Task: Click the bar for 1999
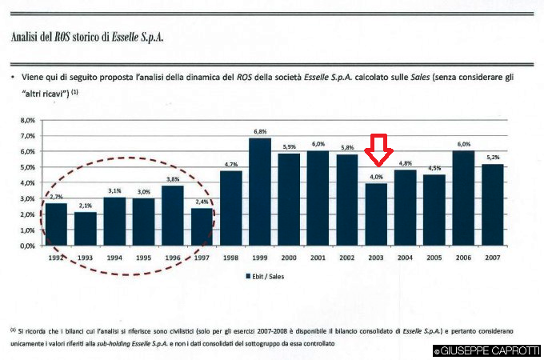(260, 192)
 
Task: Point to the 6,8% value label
(260, 131)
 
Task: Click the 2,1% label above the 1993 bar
(86, 206)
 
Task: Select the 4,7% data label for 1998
(231, 164)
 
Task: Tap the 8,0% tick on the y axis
(27, 120)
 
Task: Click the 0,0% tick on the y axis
(27, 246)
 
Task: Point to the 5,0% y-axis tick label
(27, 167)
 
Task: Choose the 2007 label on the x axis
(493, 258)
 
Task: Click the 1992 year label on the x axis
(56, 258)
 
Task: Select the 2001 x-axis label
(318, 258)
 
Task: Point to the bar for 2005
(434, 210)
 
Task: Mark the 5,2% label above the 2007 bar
(493, 157)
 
